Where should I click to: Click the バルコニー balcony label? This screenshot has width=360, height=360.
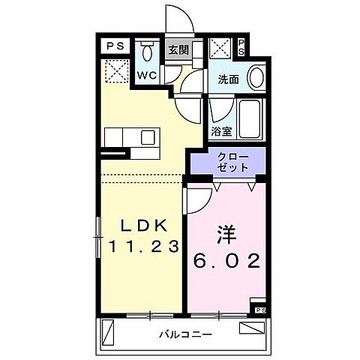[x=184, y=334]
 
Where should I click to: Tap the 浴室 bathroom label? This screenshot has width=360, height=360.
[x=222, y=131]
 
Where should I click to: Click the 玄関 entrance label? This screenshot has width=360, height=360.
[x=178, y=51]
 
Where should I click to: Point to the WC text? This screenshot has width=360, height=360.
[x=145, y=75]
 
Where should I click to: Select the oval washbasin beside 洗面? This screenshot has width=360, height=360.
[x=255, y=77]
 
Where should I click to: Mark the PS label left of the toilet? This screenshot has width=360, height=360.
[x=115, y=46]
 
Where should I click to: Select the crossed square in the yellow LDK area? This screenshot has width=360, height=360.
[x=116, y=73]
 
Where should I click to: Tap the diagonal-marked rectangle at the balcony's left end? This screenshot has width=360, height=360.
[x=110, y=330]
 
